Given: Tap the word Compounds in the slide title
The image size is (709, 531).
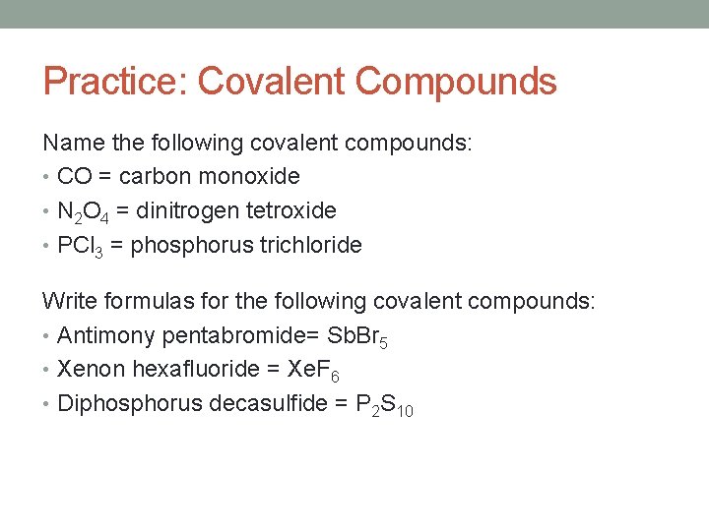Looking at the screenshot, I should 456,82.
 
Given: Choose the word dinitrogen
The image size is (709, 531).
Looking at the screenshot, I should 182,210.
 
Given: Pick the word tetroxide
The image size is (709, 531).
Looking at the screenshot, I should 290,210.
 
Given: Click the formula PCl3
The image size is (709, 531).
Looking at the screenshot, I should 82,245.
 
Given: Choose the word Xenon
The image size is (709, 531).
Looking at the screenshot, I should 91,370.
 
